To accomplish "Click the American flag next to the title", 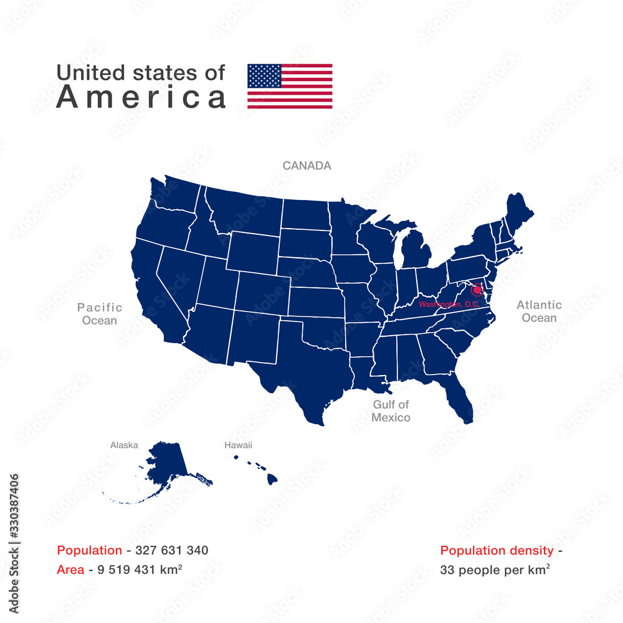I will [290, 86].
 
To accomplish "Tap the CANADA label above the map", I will [307, 166].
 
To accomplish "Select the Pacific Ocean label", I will [100, 314].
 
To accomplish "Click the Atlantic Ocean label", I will [539, 311].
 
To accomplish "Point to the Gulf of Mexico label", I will [391, 411].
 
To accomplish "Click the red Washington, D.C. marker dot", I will [477, 290].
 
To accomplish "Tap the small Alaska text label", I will [124, 445].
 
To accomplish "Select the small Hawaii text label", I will [238, 445].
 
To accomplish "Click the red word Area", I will [70, 569].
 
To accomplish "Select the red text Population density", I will [497, 550].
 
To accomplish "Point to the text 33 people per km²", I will [495, 569].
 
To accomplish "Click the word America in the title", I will [141, 97].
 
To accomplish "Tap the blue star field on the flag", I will [264, 75].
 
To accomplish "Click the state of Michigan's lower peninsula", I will [416, 252].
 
